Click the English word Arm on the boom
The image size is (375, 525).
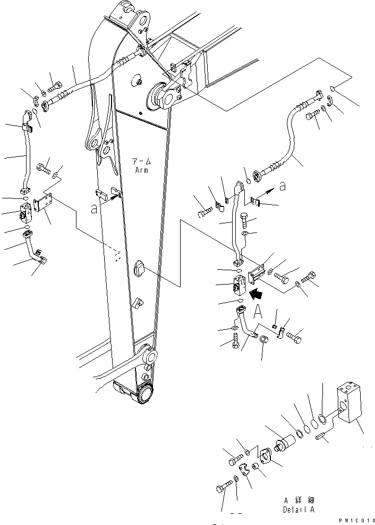click(141, 171)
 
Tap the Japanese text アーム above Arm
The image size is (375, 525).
click(141, 161)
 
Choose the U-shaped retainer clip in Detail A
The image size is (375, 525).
click(244, 471)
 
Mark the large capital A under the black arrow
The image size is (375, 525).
click(259, 310)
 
